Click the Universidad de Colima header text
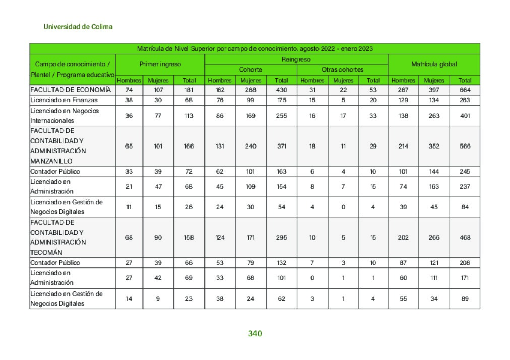click(78, 27)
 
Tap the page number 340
click(255, 334)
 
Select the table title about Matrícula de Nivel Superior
click(254, 49)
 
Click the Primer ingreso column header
click(160, 64)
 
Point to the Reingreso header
click(296, 59)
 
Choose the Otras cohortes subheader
click(342, 70)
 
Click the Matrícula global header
click(433, 64)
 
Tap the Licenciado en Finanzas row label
click(64, 100)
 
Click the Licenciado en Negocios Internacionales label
click(65, 116)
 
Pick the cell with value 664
click(465, 90)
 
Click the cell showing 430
click(281, 90)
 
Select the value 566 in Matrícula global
click(465, 146)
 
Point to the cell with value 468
click(465, 237)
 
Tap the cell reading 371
click(281, 146)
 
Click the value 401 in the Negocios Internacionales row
click(465, 116)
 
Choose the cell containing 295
click(281, 237)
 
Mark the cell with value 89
click(465, 299)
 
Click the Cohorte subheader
click(250, 70)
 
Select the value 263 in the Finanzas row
click(465, 100)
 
